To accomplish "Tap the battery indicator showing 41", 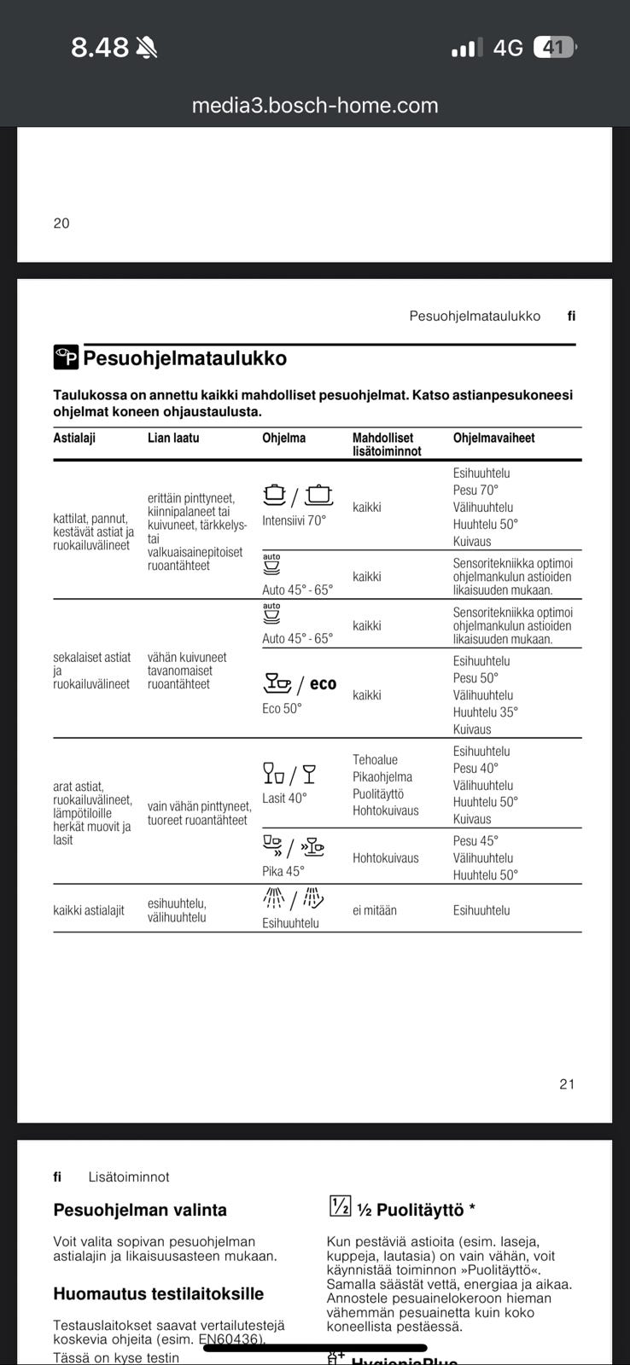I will coord(554,48).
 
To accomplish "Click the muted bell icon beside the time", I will coord(147,48).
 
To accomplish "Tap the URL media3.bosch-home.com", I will coord(314,105).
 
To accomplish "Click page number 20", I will coord(61,224).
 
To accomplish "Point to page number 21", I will coord(567,1084).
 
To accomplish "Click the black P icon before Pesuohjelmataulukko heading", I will coord(66,357).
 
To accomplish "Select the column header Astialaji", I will coord(74,438).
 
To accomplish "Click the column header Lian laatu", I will coord(173,438).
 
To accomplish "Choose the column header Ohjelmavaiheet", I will coord(493,438).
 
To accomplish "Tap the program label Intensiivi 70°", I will coord(294,520).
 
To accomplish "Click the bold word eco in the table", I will coord(323,683).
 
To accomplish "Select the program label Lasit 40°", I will coord(284,799).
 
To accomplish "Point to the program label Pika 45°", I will coord(283,871).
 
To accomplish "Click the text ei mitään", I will coord(375,910).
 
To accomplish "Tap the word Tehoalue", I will coord(375,759).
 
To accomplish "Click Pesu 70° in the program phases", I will coord(475,490).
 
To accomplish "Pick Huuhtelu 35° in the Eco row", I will coord(485,712).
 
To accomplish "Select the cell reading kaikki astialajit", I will coord(89,910).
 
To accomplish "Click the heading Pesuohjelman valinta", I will coord(140,1210).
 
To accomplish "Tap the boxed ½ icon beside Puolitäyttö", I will coord(340,1206).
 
